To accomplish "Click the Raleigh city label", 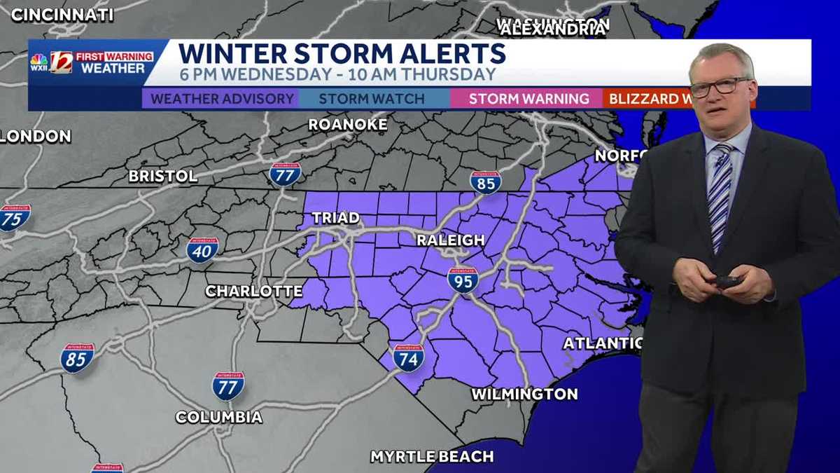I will click(450, 240).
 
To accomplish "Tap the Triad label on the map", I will click(335, 218).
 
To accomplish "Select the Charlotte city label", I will click(253, 291).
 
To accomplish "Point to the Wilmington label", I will click(524, 394).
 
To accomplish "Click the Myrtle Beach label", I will click(432, 457).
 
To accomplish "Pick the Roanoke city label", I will click(348, 125).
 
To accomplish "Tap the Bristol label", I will click(163, 176).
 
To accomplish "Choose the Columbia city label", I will click(219, 418).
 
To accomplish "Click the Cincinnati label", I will click(62, 14).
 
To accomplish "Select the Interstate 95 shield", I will click(463, 279).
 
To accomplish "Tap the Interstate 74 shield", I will click(408, 357).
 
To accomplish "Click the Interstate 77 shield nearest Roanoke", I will click(285, 174).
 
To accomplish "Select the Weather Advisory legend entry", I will click(222, 99).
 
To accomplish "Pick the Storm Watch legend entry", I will click(372, 99).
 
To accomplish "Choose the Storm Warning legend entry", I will click(528, 99).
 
